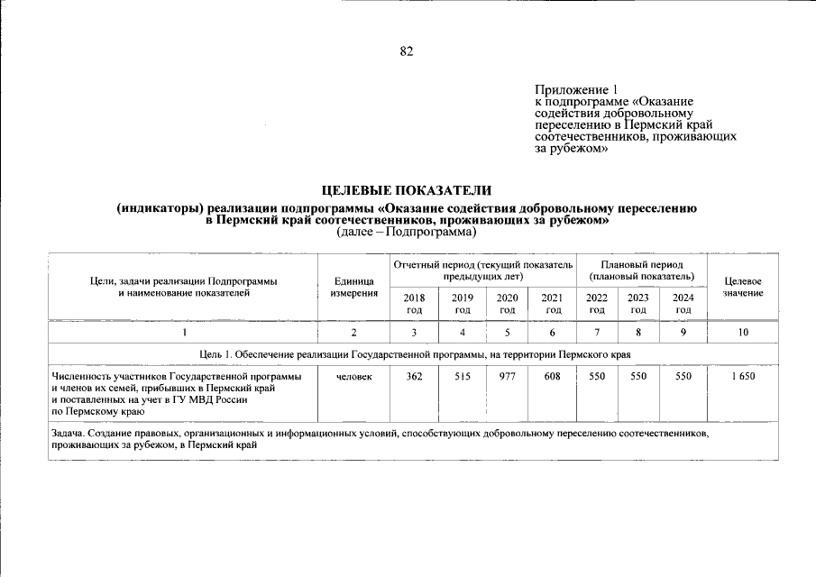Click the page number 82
pos(407,51)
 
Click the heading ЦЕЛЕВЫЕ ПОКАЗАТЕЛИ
pos(407,190)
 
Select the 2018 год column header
pos(415,304)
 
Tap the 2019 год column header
pos(463,304)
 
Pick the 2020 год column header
pos(508,304)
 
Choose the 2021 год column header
pos(552,304)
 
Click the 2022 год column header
pos(597,304)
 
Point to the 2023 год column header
pos(638,304)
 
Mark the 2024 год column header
pos(683,304)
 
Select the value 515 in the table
pos(463,376)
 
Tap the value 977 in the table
pos(508,376)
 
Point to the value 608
pos(552,376)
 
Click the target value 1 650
pos(743,376)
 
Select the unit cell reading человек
pos(353,376)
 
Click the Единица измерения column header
pos(353,288)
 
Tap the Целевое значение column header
pos(743,288)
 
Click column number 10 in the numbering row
pos(743,333)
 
